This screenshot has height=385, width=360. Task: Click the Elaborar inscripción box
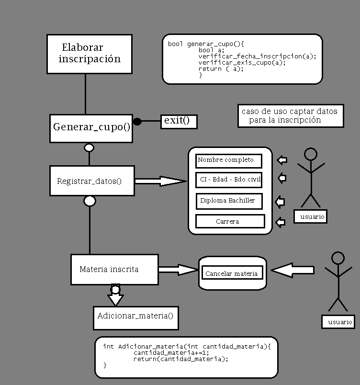coord(90,54)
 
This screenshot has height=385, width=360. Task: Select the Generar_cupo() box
coord(91,128)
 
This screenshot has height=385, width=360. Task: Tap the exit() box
coord(179,121)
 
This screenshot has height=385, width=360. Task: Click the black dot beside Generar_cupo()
coord(137,122)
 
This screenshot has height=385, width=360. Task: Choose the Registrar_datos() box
coord(92,181)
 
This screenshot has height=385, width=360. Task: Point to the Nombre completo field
coord(229,160)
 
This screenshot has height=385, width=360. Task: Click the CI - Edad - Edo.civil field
coord(229,180)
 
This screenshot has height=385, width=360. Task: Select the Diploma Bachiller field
coord(229,201)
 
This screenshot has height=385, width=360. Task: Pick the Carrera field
coord(230,221)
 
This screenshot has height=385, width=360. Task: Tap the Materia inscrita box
coord(114,269)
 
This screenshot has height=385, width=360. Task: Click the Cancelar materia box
coord(232,273)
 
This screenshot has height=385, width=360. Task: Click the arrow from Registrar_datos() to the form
coord(160,181)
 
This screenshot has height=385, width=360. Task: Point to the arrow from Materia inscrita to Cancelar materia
coord(178,270)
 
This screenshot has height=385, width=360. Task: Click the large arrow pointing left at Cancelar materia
coord(292,270)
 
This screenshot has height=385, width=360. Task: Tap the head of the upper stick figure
coord(311,154)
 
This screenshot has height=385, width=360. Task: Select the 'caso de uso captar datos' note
coord(290,116)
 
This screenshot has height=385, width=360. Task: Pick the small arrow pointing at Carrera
coord(281,222)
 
